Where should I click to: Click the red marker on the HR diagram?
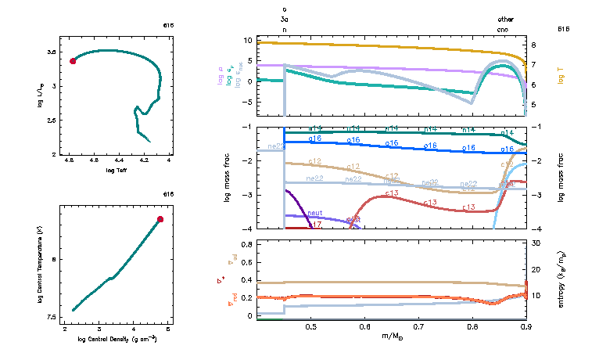coord(74,61)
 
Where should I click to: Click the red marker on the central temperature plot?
coord(160,219)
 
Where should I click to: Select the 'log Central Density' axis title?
coord(118,339)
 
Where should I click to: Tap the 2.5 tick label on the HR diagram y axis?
coord(52,121)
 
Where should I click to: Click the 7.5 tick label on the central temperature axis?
coord(52,317)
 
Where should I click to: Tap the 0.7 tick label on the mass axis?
coord(418,326)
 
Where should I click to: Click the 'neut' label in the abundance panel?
coord(316,213)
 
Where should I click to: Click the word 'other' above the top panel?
coord(506,19)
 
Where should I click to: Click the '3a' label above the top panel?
coord(285,19)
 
